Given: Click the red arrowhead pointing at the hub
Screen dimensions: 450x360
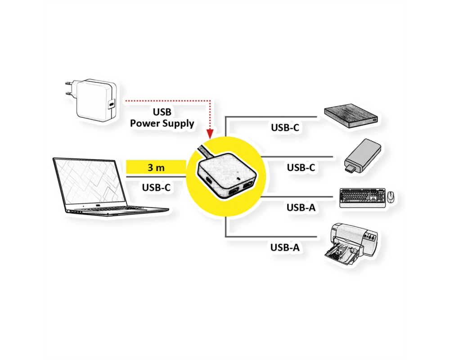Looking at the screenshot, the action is pos(210,134).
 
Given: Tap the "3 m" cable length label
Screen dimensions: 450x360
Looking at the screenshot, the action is pos(156,167).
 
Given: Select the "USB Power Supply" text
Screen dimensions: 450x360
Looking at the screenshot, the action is pos(162,118).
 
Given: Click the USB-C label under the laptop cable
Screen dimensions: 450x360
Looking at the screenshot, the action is pos(156,188).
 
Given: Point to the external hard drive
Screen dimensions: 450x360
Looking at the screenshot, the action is pos(351,116).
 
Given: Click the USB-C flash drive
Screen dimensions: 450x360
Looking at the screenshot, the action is pos(362,156).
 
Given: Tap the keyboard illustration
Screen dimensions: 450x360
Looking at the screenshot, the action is pos(362,198).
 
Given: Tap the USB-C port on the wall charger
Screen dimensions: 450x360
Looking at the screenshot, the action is pos(111,103).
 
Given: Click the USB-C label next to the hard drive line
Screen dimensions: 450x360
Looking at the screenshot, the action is pos(285,127).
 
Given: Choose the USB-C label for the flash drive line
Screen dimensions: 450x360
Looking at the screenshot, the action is pos(301,167).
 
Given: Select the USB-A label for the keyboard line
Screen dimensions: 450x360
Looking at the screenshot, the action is pos(301,207).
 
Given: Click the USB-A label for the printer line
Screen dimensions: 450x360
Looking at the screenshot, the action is pos(285,247).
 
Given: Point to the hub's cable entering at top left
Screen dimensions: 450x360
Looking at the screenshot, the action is pos(205,152).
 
